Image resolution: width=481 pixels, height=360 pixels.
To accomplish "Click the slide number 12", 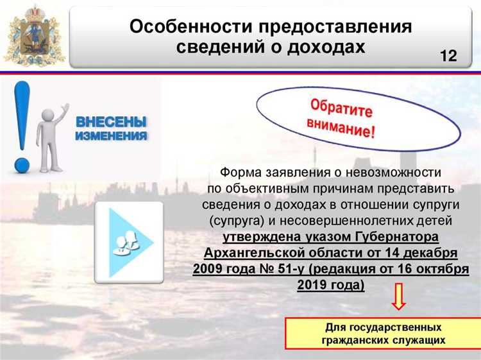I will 448,56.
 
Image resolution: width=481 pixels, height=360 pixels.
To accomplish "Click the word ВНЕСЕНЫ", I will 112,121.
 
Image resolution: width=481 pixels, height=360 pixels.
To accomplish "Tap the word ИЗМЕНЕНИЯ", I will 112,136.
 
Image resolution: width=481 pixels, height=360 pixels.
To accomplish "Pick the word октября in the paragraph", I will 442,269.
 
